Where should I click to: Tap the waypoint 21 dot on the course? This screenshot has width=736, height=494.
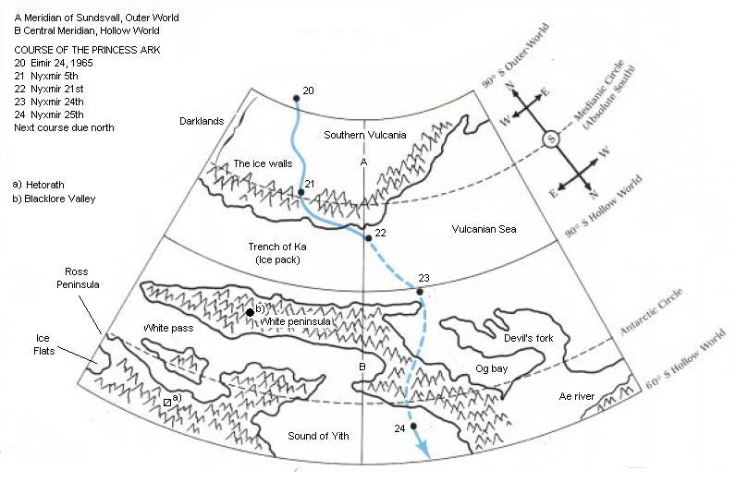click(x=300, y=192)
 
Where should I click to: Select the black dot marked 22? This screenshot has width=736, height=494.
click(x=368, y=238)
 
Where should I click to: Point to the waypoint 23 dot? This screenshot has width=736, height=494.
click(x=420, y=292)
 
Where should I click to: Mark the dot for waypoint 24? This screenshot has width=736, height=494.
click(x=413, y=426)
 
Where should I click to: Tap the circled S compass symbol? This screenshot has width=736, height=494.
click(x=552, y=139)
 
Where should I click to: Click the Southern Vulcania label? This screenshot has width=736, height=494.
click(x=365, y=135)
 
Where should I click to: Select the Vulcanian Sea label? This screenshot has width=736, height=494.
click(x=484, y=229)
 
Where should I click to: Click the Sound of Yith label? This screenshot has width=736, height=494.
click(x=318, y=436)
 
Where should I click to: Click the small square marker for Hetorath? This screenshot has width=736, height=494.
click(x=167, y=404)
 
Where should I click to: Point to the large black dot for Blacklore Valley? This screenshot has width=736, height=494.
click(x=250, y=313)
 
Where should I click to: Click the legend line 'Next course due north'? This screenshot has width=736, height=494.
click(x=64, y=128)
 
